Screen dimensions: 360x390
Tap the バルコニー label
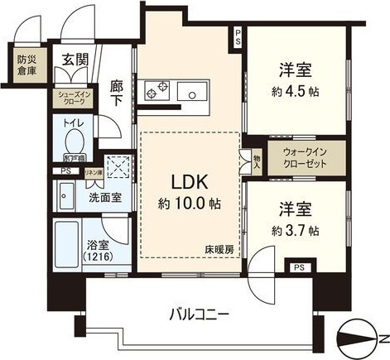195,314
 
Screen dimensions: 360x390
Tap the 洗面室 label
104,199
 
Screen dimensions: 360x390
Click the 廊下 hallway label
118,89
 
